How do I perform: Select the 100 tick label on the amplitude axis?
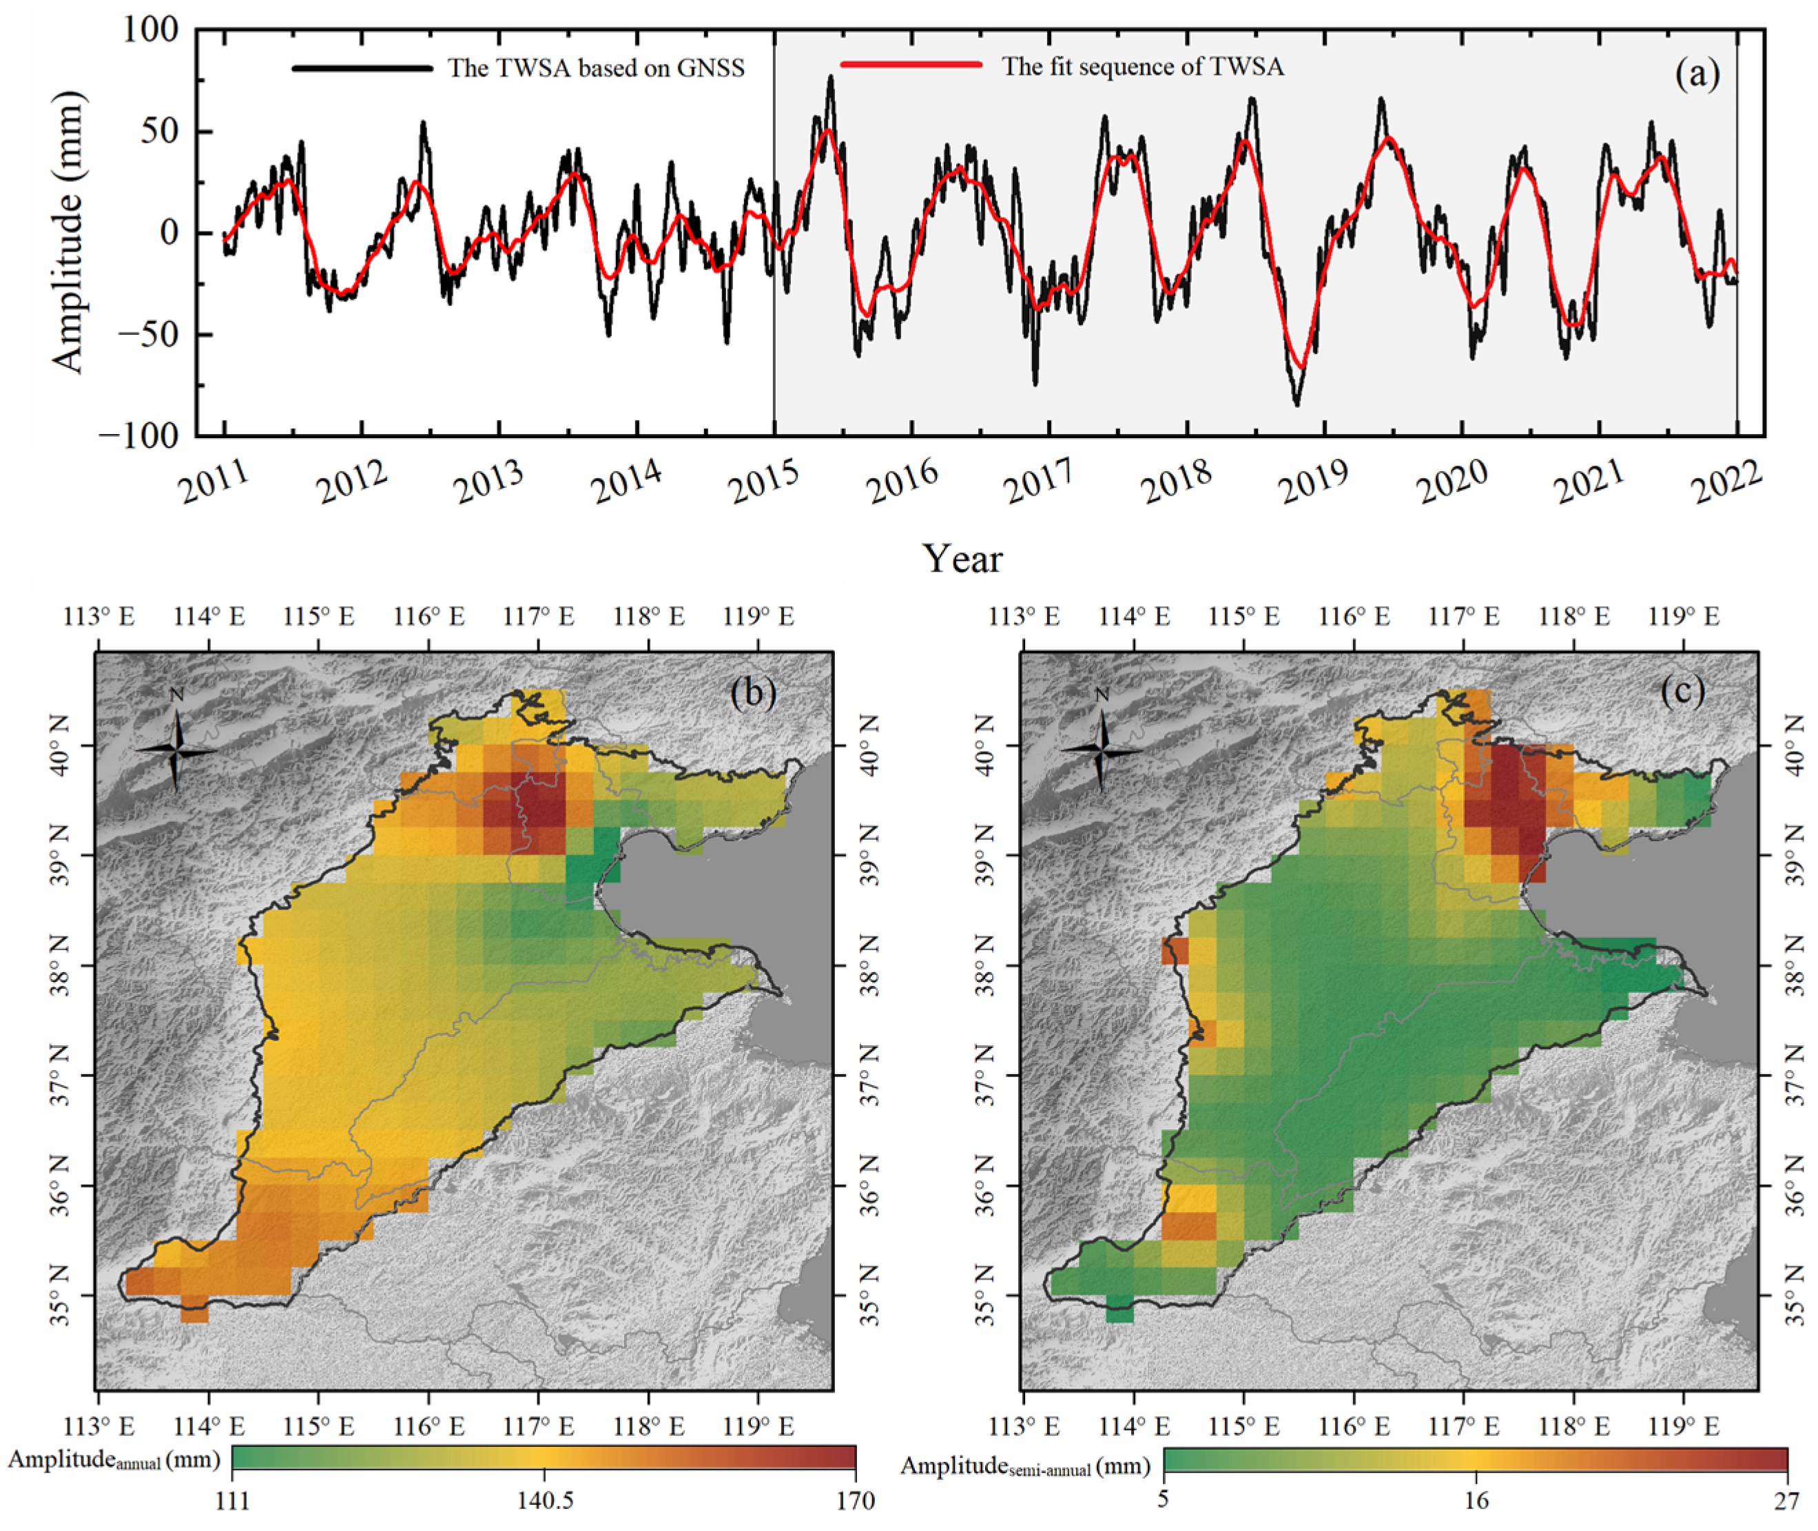(x=149, y=30)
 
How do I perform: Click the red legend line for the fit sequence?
(x=911, y=65)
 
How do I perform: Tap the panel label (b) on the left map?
(x=752, y=692)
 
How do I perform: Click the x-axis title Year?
(x=962, y=559)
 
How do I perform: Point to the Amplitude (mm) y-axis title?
(x=68, y=233)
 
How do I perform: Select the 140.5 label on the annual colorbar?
(x=545, y=1501)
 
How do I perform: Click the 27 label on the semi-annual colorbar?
(x=1786, y=1500)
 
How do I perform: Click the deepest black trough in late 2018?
(x=1297, y=404)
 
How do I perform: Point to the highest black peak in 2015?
(x=831, y=77)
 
